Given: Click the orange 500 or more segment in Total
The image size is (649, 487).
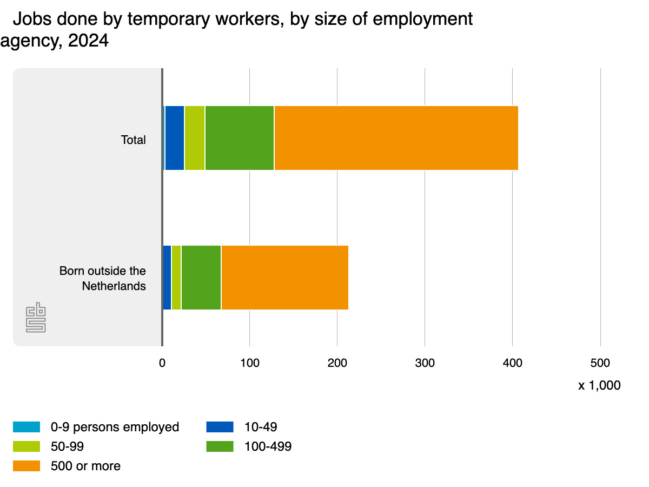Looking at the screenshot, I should click(x=396, y=138).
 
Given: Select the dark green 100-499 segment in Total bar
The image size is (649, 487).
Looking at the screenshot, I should click(x=240, y=138).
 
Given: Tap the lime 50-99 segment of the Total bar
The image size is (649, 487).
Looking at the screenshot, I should click(x=195, y=138).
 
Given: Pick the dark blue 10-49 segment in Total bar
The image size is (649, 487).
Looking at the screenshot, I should click(x=175, y=138).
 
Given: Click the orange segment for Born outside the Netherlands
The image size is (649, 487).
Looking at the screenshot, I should click(x=284, y=278).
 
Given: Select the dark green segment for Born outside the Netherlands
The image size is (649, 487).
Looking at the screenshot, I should click(x=201, y=278).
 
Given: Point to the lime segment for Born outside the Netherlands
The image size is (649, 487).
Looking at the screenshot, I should click(x=176, y=278).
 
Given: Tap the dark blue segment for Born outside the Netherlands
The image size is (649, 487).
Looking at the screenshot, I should click(x=167, y=278).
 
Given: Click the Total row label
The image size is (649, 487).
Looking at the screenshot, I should click(x=133, y=140).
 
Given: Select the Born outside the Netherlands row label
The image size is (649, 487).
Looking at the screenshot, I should click(x=103, y=278).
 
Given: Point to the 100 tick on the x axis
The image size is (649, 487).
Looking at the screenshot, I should click(x=249, y=363).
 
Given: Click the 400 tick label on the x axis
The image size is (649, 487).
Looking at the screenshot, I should click(x=512, y=363).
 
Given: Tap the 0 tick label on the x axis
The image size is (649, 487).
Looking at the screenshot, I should click(x=162, y=363).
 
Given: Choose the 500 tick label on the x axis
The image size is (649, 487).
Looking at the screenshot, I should click(x=600, y=363).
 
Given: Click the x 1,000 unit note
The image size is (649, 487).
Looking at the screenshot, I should click(x=599, y=386).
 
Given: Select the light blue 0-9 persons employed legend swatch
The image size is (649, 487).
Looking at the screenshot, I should click(x=27, y=427).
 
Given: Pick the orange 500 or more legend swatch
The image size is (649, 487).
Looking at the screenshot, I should click(x=27, y=466).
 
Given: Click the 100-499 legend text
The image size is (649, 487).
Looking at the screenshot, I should click(x=268, y=446).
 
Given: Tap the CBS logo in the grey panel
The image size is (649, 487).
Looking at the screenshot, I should click(x=36, y=319).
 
